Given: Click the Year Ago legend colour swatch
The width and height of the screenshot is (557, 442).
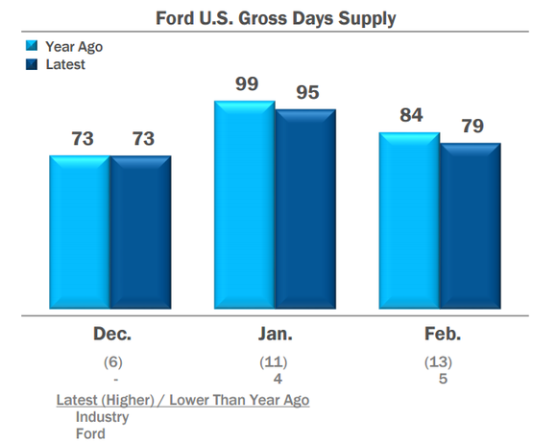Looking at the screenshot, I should (32, 46).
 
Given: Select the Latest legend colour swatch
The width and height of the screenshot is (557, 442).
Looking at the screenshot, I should (32, 64).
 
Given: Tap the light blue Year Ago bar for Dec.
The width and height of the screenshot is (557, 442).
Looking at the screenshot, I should (80, 234).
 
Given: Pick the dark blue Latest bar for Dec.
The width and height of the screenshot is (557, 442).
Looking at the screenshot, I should (140, 234).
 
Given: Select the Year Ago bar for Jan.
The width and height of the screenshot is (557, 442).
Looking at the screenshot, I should (245, 207).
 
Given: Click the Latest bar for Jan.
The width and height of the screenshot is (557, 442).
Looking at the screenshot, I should (305, 211).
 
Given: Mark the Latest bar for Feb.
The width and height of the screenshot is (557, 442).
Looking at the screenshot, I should (471, 228).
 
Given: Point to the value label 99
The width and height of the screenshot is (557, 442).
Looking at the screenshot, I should (247, 84).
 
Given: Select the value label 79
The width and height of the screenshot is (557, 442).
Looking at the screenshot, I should (472, 127).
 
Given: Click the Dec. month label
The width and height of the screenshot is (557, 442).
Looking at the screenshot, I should (111, 335).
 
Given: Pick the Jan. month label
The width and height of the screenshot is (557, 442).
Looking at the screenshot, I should (275, 335).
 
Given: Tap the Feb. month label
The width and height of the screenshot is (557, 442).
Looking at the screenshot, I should (440, 335).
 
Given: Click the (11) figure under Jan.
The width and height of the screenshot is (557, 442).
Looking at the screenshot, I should (275, 362).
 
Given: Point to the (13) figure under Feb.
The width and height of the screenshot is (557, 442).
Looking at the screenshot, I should (439, 362).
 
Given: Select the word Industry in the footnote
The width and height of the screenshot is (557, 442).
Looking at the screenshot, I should (102, 417).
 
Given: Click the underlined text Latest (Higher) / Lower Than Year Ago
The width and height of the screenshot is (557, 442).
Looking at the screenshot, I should (182, 400).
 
